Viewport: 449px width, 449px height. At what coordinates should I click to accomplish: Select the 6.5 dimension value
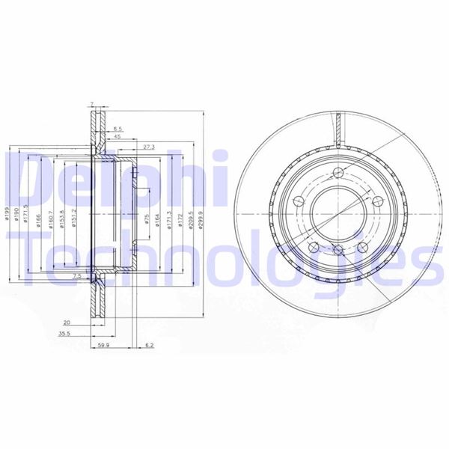point(118,130)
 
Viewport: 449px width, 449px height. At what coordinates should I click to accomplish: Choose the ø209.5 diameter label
point(191,219)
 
